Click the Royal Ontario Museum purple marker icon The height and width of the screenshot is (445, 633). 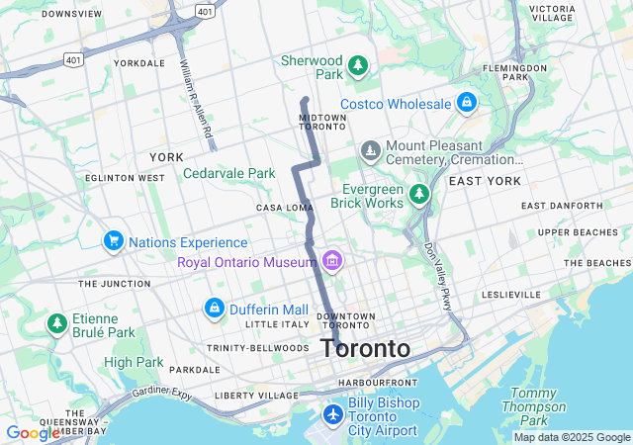(x=332, y=261)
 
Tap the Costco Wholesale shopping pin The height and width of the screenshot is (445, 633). (x=467, y=102)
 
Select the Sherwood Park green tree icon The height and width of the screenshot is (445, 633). (x=358, y=67)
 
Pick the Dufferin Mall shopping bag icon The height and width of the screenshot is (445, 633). (x=213, y=310)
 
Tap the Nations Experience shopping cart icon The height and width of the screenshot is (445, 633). (x=113, y=241)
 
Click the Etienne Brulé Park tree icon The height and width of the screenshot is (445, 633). (x=56, y=323)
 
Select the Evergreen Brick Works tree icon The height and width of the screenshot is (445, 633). (x=420, y=195)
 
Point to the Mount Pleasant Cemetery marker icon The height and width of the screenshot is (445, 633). (x=370, y=151)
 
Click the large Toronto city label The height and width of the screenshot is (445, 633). (x=365, y=348)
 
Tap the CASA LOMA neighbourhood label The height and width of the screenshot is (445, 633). (x=285, y=208)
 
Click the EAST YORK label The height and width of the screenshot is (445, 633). (x=484, y=181)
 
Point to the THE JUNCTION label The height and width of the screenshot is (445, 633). (x=115, y=284)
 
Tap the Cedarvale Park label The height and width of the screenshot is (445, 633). (x=228, y=173)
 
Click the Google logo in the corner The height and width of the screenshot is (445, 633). (x=33, y=433)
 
